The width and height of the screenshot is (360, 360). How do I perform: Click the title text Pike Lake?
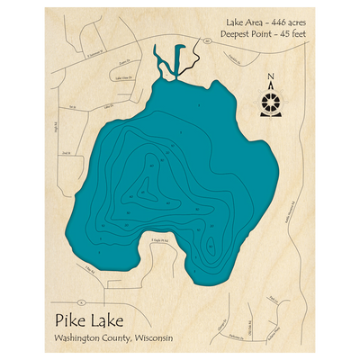point(89,320)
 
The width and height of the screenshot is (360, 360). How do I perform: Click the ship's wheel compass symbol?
point(272,101)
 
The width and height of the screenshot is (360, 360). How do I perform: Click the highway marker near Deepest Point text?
point(207,41)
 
